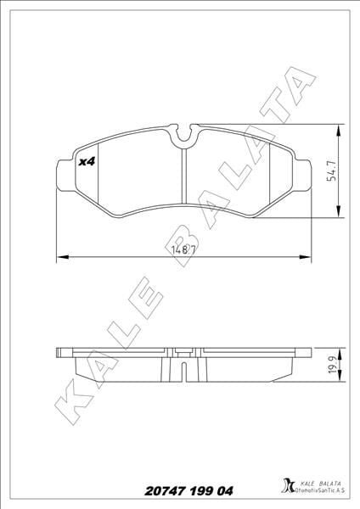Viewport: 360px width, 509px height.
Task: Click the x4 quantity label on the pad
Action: [x=84, y=161]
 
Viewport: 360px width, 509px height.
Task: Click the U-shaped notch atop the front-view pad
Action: [x=183, y=134]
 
